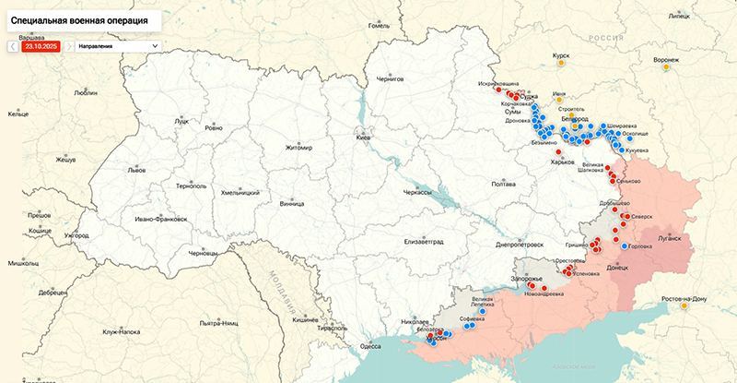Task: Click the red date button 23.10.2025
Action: [41, 44]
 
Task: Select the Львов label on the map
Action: [136, 171]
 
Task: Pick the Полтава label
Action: [503, 184]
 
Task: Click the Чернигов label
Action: [390, 79]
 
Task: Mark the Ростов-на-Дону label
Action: [684, 299]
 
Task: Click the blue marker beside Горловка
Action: [624, 247]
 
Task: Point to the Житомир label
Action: [298, 148]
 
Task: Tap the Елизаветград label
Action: [424, 241]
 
